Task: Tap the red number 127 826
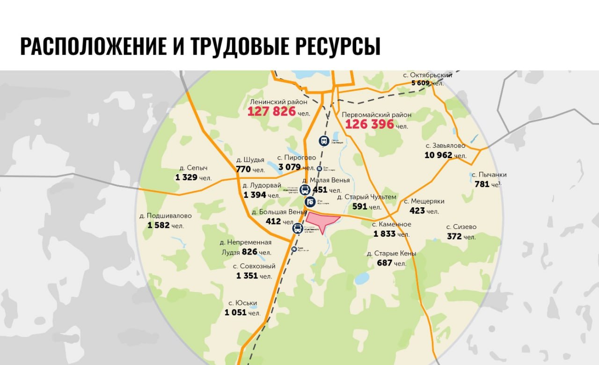(x=271, y=111)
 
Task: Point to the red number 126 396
(x=369, y=124)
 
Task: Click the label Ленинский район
(x=279, y=102)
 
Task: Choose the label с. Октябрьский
(x=428, y=75)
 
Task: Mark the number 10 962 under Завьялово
(x=439, y=155)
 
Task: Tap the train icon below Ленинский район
(x=323, y=140)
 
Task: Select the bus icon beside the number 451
(x=305, y=190)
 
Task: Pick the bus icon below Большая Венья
(x=298, y=228)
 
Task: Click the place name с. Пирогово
(x=296, y=158)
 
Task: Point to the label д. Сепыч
(x=193, y=168)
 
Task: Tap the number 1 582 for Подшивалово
(x=158, y=225)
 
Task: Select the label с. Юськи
(x=242, y=303)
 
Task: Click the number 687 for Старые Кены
(x=384, y=263)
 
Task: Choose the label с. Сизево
(x=461, y=227)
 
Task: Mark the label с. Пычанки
(x=489, y=175)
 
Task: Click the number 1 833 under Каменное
(x=384, y=234)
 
